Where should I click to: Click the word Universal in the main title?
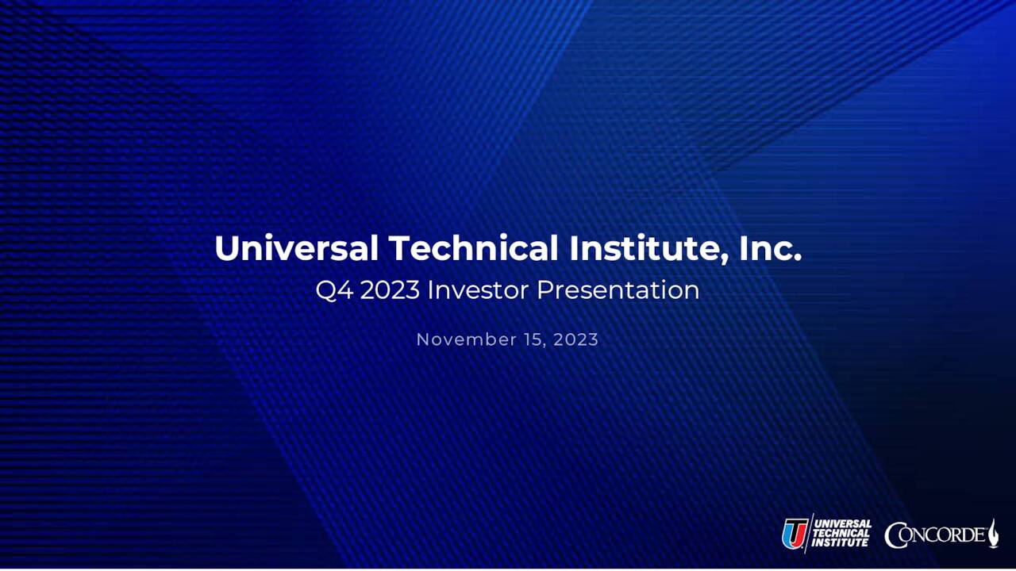pos(297,248)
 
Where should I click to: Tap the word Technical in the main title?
pos(474,248)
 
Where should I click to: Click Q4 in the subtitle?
pos(333,290)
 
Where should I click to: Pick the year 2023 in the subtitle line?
pos(390,290)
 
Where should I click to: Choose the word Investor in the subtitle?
pos(478,290)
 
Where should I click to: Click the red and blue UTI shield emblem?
pos(795,534)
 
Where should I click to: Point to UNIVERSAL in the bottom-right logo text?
pos(843,524)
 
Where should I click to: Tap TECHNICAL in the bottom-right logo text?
pos(841,534)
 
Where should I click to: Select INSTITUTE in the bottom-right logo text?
pos(840,543)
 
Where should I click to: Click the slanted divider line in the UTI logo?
pos(810,534)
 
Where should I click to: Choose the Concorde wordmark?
pos(937,535)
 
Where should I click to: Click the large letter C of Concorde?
pos(897,535)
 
